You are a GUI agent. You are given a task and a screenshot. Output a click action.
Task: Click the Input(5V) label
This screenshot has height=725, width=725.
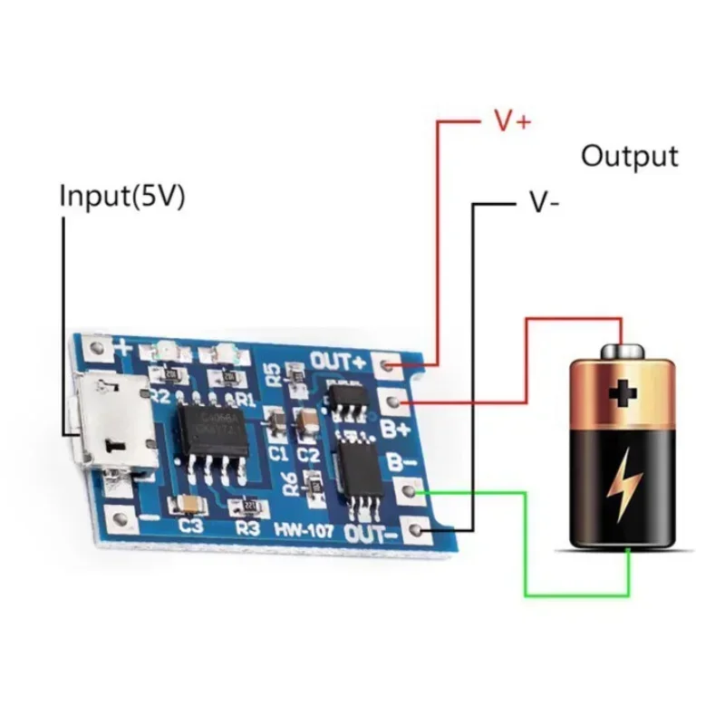pyautogui.click(x=122, y=197)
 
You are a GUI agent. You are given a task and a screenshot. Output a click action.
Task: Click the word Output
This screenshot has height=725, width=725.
pyautogui.click(x=629, y=155)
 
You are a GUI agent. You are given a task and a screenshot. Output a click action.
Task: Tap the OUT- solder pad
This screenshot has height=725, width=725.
pyautogui.click(x=416, y=527)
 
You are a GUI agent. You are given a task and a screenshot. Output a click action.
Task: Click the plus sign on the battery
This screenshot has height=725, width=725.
pyautogui.click(x=623, y=392)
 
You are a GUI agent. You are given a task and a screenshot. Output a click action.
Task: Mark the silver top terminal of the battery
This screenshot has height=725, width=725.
pyautogui.click(x=622, y=351)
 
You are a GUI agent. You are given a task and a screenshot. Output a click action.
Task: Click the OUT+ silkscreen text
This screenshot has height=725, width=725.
pyautogui.click(x=338, y=361)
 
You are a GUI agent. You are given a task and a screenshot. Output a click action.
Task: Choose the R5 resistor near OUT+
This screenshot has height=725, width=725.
pyautogui.click(x=294, y=372)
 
